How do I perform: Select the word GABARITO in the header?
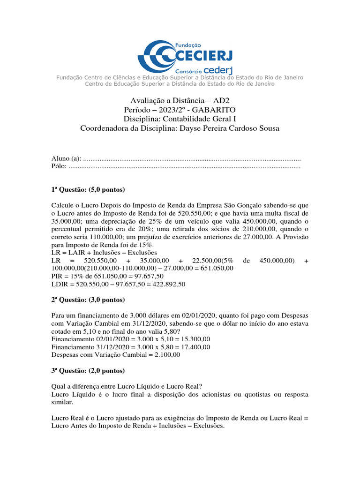(x=215, y=109)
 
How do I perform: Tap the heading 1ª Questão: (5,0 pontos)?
(x=88, y=190)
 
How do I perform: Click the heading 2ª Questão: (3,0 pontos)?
(x=88, y=299)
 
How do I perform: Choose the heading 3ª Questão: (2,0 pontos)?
(x=88, y=370)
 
